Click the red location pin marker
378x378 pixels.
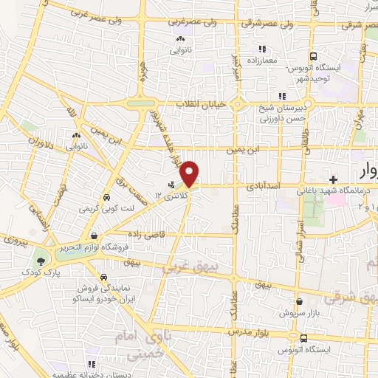coord(190,173)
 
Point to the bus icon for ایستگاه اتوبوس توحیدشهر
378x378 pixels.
coord(314,55)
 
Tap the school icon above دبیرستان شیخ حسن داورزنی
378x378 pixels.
coord(281,95)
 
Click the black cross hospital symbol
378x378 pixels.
coord(333,179)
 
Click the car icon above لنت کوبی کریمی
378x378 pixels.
coord(106,198)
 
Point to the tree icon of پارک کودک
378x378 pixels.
coord(40,261)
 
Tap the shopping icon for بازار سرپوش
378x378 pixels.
coord(300,301)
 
